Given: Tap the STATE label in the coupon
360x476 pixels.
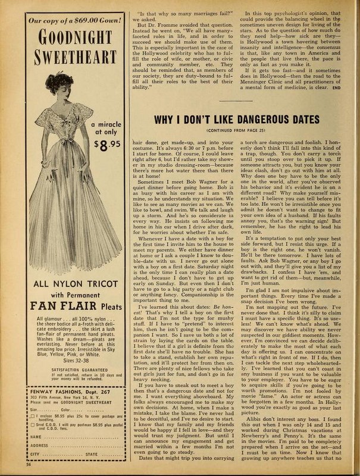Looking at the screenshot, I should (91, 456).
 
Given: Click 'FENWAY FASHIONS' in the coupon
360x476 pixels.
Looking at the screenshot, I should (39, 383).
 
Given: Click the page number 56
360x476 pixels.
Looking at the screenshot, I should (11, 467).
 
